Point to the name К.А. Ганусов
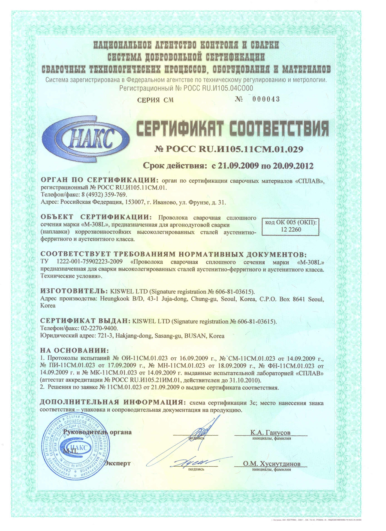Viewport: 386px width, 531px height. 270,433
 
